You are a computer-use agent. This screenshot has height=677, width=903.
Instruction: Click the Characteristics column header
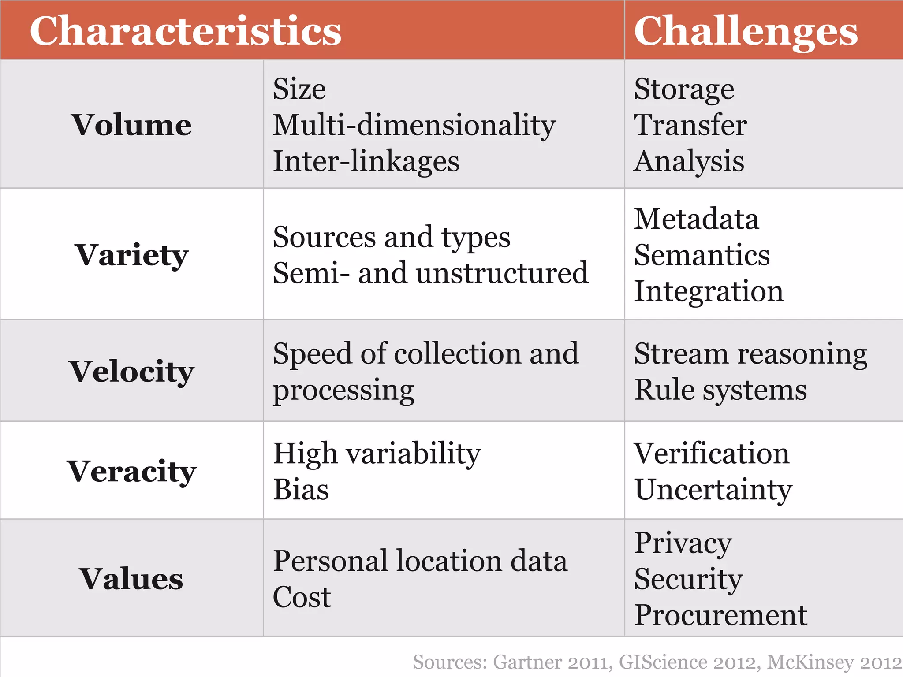click(x=185, y=31)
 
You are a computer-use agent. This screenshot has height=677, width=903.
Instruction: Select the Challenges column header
click(x=745, y=31)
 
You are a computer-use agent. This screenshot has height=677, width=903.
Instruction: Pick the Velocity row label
click(x=131, y=371)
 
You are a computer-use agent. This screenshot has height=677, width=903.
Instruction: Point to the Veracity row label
click(x=131, y=471)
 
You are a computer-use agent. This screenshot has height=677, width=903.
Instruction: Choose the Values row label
click(x=131, y=578)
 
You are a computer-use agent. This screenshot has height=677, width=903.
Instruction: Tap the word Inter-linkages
click(x=366, y=161)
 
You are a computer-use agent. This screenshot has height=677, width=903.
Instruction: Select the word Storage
click(x=684, y=89)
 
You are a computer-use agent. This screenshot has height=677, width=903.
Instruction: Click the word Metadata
click(x=696, y=219)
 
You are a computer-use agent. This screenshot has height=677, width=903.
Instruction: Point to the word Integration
click(x=709, y=291)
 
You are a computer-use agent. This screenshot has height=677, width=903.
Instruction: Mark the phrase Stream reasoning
click(x=750, y=354)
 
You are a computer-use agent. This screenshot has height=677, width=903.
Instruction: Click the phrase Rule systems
click(x=720, y=390)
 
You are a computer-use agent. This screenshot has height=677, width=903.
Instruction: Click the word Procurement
click(x=720, y=615)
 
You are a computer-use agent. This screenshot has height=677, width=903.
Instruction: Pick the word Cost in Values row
click(x=302, y=597)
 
